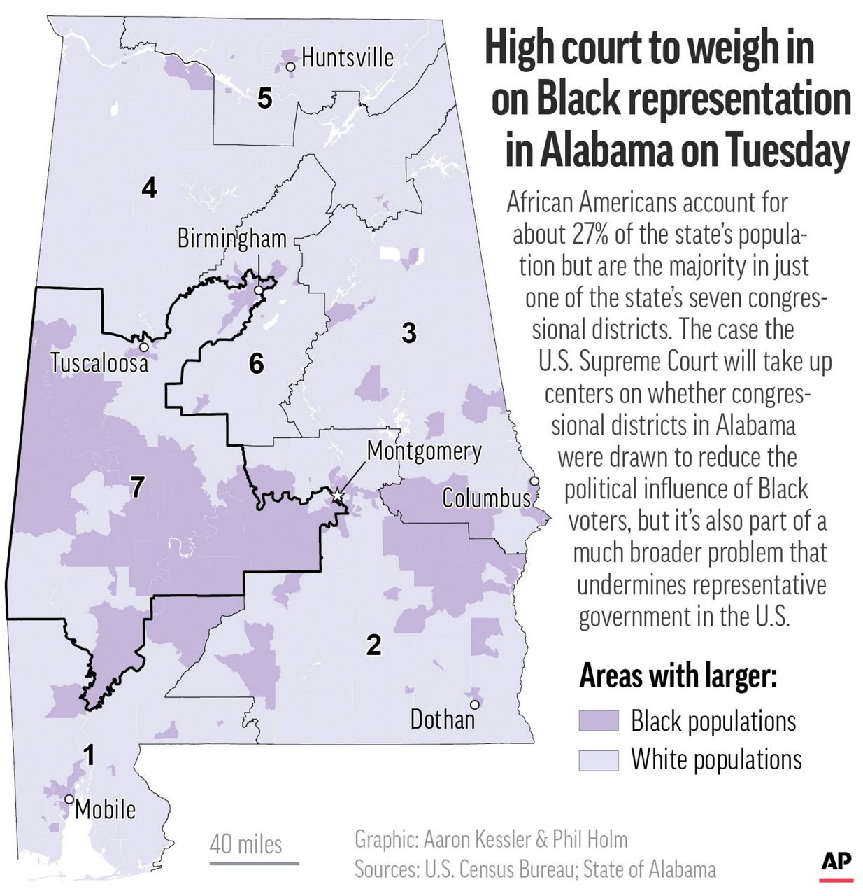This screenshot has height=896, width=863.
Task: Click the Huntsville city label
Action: pos(348,57)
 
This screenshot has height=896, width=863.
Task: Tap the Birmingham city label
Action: pos(231,239)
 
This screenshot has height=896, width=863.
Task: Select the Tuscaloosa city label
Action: pos(99,363)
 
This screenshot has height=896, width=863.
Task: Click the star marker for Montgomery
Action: pos(338,496)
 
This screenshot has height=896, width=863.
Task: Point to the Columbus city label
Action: pos(486,498)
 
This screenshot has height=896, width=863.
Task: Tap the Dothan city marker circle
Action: pos(474,704)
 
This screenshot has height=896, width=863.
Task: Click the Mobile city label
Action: pos(105,809)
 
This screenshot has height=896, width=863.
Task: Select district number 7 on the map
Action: pos(137,487)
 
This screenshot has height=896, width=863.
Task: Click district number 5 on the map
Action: pos(264,99)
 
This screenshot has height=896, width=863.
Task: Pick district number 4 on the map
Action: pos(149,188)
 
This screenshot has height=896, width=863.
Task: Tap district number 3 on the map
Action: pos(409,332)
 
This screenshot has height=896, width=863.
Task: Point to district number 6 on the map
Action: pos(257,363)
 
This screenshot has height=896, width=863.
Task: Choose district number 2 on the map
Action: pos(374,645)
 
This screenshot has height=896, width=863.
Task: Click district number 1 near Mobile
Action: pos(89,755)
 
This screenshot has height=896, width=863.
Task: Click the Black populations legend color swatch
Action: pos(599,721)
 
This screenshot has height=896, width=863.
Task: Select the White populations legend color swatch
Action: pos(599,760)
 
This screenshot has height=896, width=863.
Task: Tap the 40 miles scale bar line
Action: pos(254,863)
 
